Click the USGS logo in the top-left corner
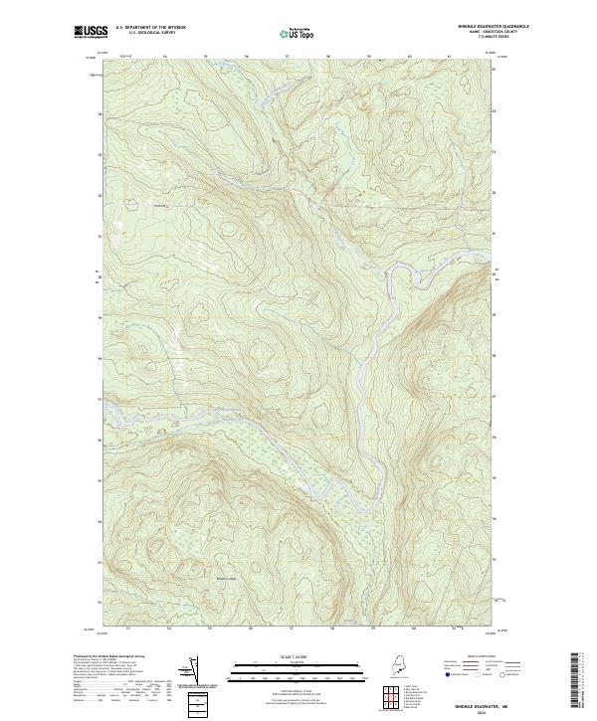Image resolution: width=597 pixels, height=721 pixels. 89,32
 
